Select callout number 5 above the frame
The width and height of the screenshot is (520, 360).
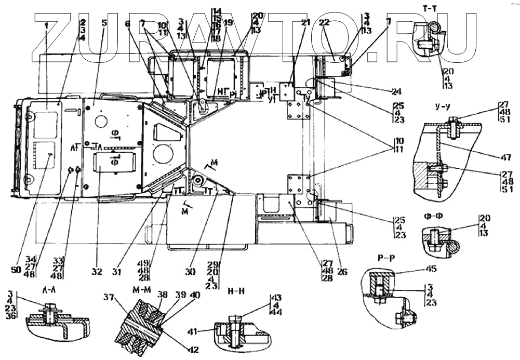104,23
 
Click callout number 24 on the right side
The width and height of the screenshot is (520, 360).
397,91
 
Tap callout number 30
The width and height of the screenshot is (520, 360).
191,271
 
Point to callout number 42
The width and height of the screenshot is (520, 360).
193,350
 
